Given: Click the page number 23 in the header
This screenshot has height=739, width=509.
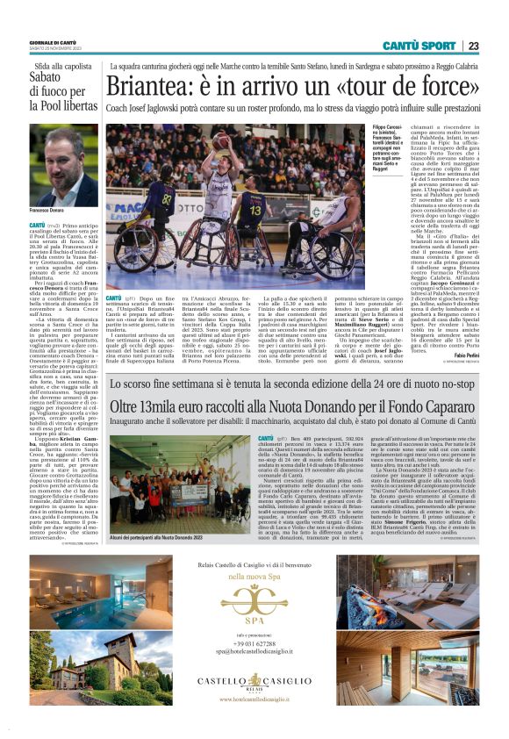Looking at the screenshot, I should tap(472, 46).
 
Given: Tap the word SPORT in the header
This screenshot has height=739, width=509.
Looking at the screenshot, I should tap(437, 46).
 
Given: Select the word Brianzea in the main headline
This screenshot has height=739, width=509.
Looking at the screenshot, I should tap(154, 89).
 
